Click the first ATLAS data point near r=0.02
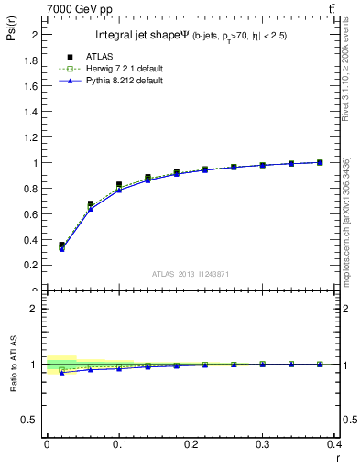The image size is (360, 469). point(61,245)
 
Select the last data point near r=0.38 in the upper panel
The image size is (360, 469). point(320,162)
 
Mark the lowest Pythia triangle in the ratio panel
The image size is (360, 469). point(61,373)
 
